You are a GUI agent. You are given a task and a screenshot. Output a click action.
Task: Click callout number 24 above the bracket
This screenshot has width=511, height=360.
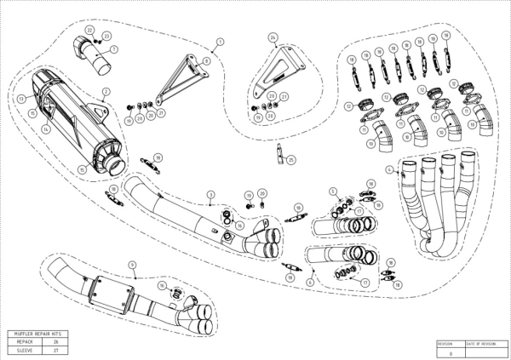(273, 38)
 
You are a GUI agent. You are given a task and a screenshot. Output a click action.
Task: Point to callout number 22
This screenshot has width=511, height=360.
(89, 30)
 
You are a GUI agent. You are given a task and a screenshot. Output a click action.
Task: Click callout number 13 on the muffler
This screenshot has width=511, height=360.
(18, 99)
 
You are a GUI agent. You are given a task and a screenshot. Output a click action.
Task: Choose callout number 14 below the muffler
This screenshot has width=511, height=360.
(45, 129)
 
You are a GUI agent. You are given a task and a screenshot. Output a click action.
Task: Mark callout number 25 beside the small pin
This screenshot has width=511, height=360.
(291, 159)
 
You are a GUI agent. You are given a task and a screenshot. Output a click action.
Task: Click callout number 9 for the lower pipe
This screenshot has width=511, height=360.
(133, 265)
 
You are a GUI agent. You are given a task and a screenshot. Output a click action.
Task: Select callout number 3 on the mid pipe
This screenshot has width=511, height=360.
(210, 195)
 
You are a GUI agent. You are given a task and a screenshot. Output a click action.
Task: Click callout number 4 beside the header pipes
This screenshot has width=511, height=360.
(388, 170)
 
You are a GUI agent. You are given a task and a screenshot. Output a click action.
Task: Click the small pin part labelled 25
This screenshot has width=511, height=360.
(278, 154)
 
